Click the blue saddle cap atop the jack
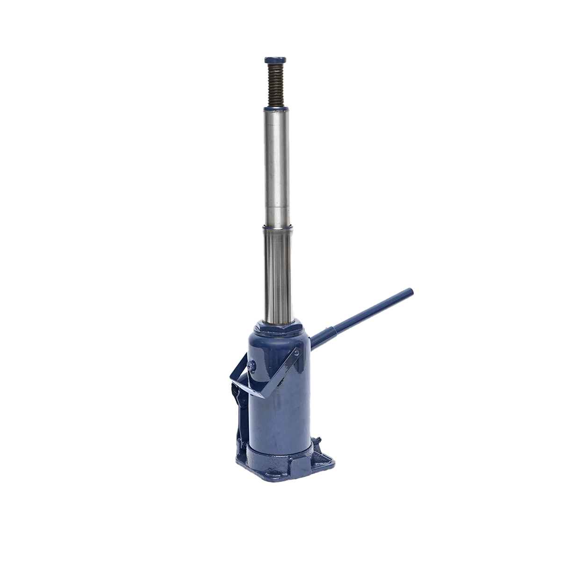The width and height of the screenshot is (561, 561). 275,60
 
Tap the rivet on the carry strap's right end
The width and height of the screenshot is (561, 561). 298,354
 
